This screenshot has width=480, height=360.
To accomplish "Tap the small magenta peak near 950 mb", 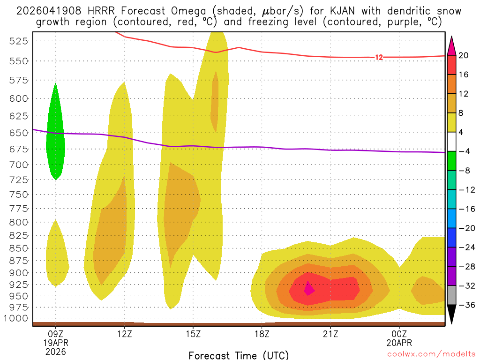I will (308, 289).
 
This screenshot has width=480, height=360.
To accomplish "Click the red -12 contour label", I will (377, 57).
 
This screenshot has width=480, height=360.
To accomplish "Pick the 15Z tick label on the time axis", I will (193, 334).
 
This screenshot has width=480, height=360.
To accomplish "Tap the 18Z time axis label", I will (262, 334).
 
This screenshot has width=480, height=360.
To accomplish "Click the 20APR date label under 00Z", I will (399, 343).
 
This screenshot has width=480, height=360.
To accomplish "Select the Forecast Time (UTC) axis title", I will (239, 355).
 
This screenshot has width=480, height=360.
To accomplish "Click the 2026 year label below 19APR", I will (56, 351).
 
